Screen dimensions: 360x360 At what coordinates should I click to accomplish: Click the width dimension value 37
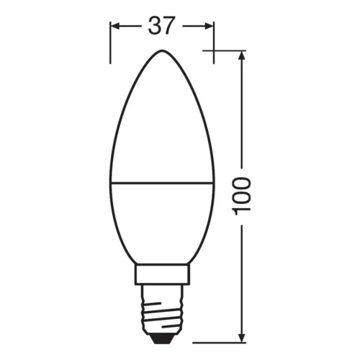point(162,26)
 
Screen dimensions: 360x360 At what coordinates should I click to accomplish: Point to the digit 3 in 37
point(153,26)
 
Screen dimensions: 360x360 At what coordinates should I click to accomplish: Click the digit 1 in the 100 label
point(243,208)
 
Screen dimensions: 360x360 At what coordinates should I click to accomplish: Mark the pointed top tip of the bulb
point(162,51)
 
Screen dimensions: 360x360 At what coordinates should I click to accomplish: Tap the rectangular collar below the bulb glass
point(162,274)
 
